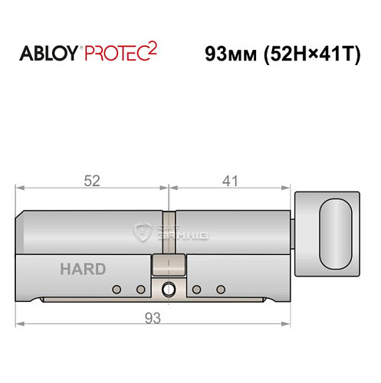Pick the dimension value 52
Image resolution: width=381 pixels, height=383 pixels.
(x=93, y=181)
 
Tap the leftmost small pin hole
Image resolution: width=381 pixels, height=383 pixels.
(x=117, y=289)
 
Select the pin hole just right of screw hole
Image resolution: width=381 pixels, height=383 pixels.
(x=197, y=289)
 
